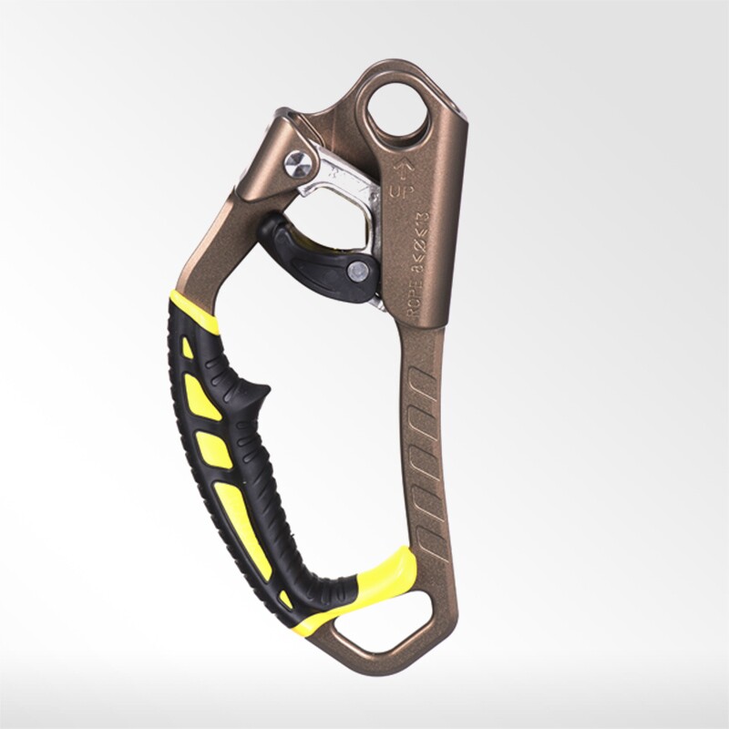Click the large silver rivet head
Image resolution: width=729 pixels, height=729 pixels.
(296, 164)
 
